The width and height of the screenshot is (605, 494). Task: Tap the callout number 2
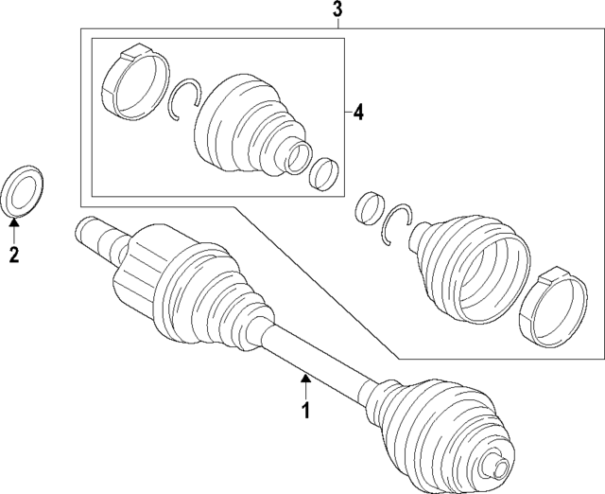point(13,253)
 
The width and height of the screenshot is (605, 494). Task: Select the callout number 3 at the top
point(338,11)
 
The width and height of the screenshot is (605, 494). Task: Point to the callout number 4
point(358,114)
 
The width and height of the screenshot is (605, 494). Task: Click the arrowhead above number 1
point(305,379)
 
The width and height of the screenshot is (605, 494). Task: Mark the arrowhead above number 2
point(13,221)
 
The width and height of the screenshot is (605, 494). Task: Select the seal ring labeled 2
point(26,192)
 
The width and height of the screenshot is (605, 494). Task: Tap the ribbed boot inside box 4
point(244,124)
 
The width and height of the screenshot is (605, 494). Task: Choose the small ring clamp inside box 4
point(325,172)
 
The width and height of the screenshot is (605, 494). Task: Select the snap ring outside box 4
point(398,225)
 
